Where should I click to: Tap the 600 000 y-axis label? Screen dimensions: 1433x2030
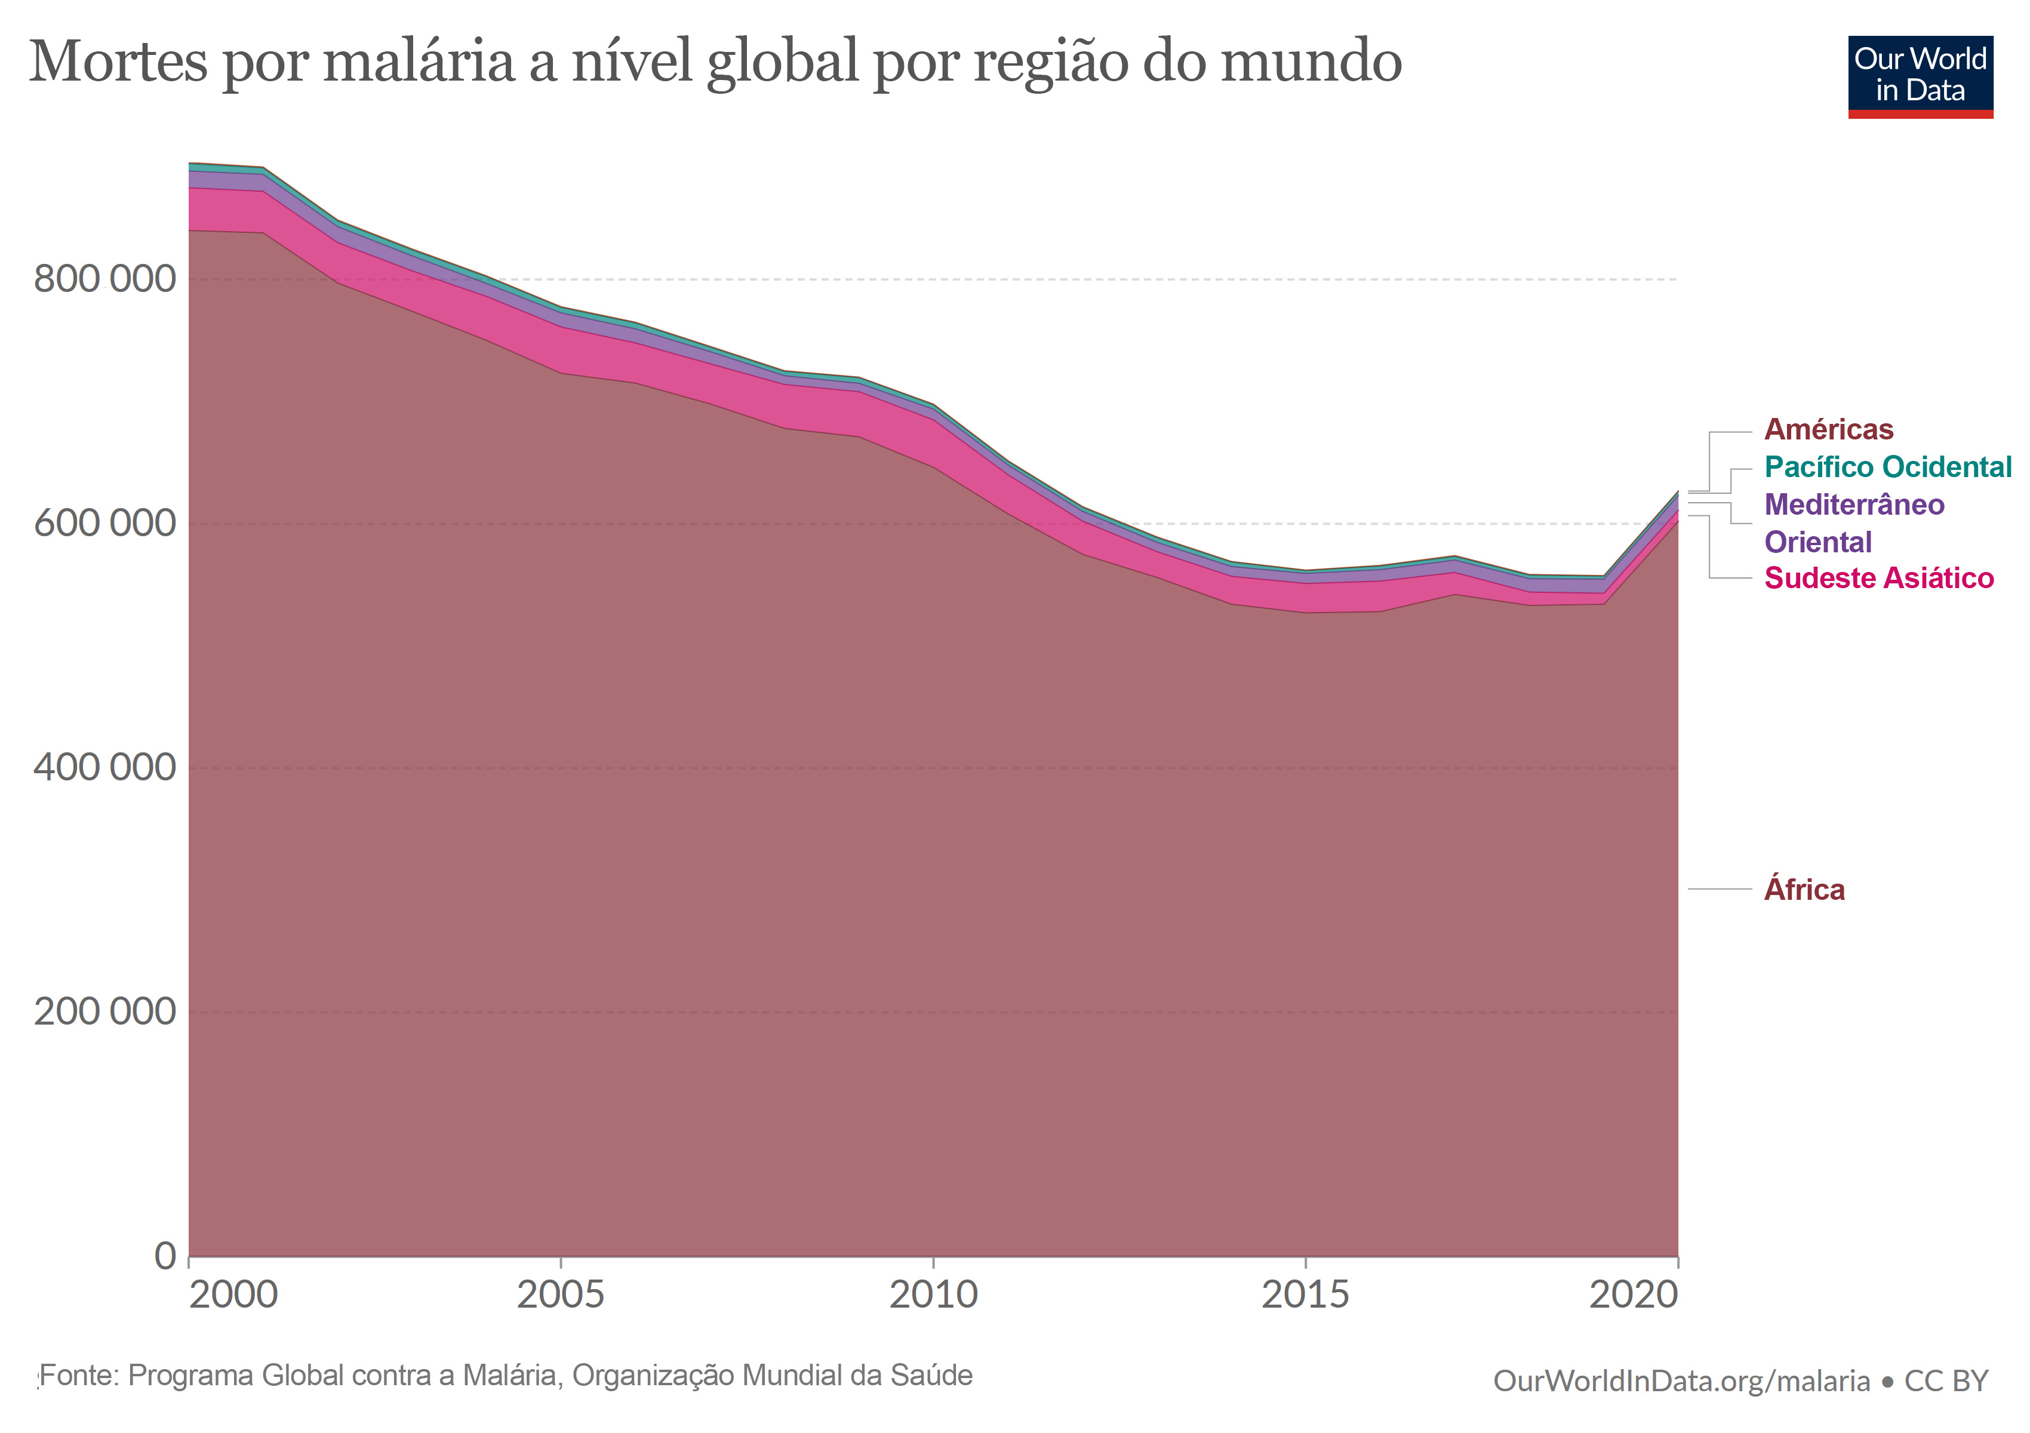click(104, 522)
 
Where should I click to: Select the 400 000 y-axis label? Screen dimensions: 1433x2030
click(104, 767)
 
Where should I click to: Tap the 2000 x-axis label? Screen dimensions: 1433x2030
click(233, 1295)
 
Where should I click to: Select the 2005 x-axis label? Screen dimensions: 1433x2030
click(561, 1295)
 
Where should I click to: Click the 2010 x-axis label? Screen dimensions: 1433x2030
click(933, 1295)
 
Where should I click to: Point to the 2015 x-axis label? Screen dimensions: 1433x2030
click(1305, 1295)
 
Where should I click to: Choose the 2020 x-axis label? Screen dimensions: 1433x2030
click(1633, 1295)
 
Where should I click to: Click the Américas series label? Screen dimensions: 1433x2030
click(1828, 430)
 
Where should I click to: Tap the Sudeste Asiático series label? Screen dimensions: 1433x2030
click(1879, 578)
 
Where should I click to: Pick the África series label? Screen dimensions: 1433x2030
click(1804, 889)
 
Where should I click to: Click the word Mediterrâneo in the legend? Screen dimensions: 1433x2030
click(1854, 505)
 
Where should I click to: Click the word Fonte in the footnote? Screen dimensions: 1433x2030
click(79, 1376)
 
